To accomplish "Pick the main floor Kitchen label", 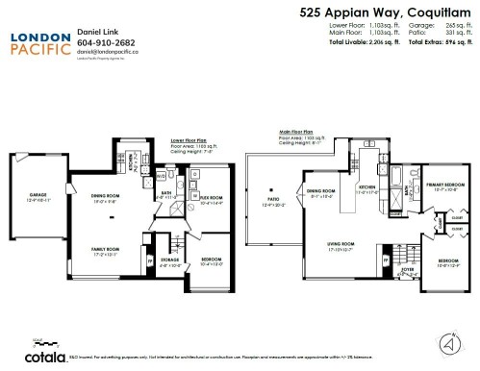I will point(367,188).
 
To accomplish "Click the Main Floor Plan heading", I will point(298,131).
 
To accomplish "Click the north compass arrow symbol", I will point(447,340).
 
